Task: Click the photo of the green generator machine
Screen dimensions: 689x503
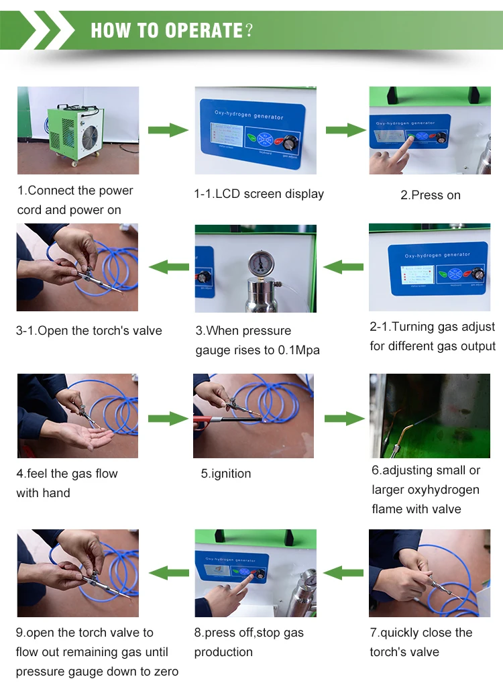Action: pos(78,130)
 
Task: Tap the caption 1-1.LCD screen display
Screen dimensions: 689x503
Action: pos(259,194)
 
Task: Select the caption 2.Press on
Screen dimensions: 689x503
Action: pos(430,195)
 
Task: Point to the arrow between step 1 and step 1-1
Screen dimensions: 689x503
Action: pos(168,130)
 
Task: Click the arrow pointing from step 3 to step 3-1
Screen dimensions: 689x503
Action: pos(168,268)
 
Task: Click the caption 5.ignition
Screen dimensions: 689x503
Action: pos(225,474)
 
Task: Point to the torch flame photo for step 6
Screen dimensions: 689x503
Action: pos(429,416)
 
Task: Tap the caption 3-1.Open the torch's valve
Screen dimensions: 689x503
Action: pos(89,331)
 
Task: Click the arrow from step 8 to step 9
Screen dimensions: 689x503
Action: pos(168,573)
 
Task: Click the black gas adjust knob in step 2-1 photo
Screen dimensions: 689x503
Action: pos(478,273)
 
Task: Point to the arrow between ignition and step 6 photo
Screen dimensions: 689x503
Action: pos(345,419)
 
